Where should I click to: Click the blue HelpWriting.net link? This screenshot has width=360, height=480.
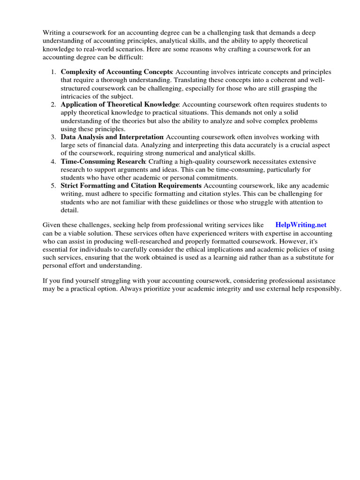(300, 225)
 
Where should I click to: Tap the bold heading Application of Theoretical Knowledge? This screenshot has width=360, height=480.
(120, 104)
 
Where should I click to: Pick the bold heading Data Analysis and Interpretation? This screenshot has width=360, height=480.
(112, 137)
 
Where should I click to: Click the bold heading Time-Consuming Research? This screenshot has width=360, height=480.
(103, 161)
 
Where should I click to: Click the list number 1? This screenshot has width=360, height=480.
(53, 72)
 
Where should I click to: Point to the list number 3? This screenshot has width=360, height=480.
(53, 137)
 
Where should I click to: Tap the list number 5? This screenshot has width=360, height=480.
(53, 186)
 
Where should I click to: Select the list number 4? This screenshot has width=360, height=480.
(53, 161)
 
